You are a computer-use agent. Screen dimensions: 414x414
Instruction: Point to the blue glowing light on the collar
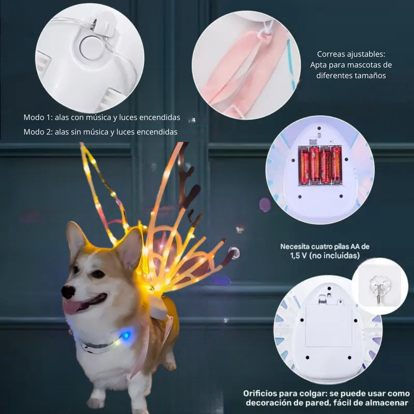tap(126, 335)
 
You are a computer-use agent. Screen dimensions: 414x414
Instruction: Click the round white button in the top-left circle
tap(91, 48)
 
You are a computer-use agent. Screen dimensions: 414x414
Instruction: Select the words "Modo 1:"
tap(38, 117)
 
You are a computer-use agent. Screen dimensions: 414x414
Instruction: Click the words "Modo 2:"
tap(38, 132)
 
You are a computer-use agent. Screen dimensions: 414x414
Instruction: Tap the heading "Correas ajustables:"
tap(351, 54)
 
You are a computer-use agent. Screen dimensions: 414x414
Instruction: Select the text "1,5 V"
tap(299, 256)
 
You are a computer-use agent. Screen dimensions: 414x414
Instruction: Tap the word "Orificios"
tap(260, 393)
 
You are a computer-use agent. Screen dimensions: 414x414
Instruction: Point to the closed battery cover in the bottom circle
tap(329, 325)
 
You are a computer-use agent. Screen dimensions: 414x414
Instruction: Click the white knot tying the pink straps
tap(264, 33)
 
